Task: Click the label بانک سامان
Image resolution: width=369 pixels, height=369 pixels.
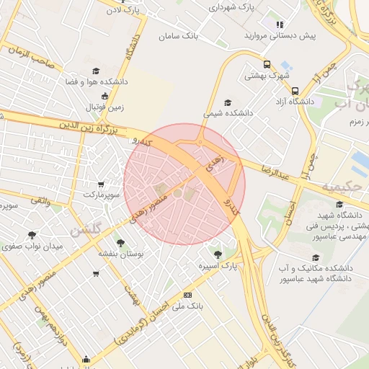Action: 179,35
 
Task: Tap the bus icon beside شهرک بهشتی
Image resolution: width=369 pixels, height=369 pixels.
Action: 267,63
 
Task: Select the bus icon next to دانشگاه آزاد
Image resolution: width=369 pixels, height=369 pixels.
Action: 295,91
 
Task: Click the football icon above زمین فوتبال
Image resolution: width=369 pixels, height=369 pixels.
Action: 105,96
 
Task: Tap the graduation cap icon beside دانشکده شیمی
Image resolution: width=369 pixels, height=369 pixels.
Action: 228,102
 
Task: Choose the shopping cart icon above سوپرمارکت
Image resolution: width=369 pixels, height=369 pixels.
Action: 100,184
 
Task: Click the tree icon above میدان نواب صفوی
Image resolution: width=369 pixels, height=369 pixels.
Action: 32,235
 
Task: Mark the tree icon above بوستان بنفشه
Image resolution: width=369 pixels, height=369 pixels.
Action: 120,243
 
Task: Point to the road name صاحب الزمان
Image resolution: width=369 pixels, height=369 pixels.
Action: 33,57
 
